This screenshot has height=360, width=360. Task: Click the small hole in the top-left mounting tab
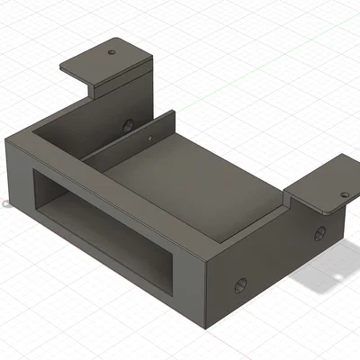click(111, 52)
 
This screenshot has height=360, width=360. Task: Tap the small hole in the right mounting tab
click(343, 194)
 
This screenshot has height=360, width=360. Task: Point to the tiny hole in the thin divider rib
click(149, 139)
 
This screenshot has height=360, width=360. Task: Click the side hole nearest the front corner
click(240, 285)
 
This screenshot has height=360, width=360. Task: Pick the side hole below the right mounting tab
click(319, 235)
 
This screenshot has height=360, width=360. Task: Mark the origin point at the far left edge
click(5, 202)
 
